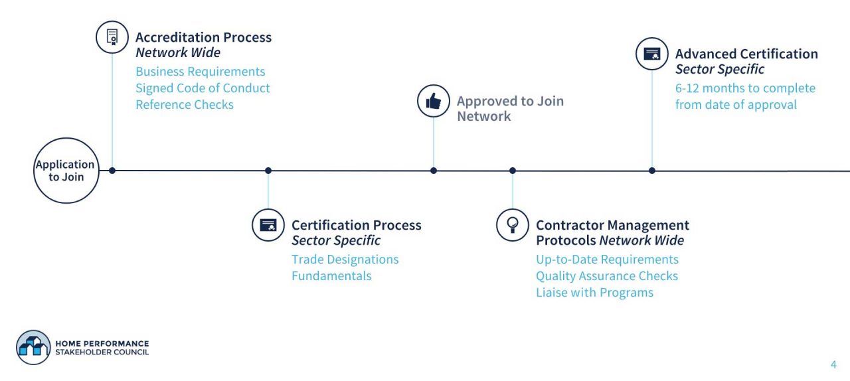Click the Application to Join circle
click(65, 171)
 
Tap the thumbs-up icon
click(434, 101)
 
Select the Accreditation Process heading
click(203, 37)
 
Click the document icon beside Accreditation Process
click(112, 37)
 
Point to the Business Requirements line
click(200, 72)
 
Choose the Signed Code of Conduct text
click(203, 88)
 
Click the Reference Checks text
click(185, 105)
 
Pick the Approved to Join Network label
click(509, 108)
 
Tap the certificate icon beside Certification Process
click(268, 225)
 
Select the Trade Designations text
click(345, 260)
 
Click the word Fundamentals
click(331, 276)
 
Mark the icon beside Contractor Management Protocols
click(513, 225)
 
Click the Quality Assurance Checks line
click(607, 276)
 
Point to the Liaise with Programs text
click(594, 293)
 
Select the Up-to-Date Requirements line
click(607, 260)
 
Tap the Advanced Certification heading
click(746, 54)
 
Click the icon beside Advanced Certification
click(652, 54)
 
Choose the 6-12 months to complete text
click(745, 88)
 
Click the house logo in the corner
click(33, 347)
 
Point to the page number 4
click(833, 364)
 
